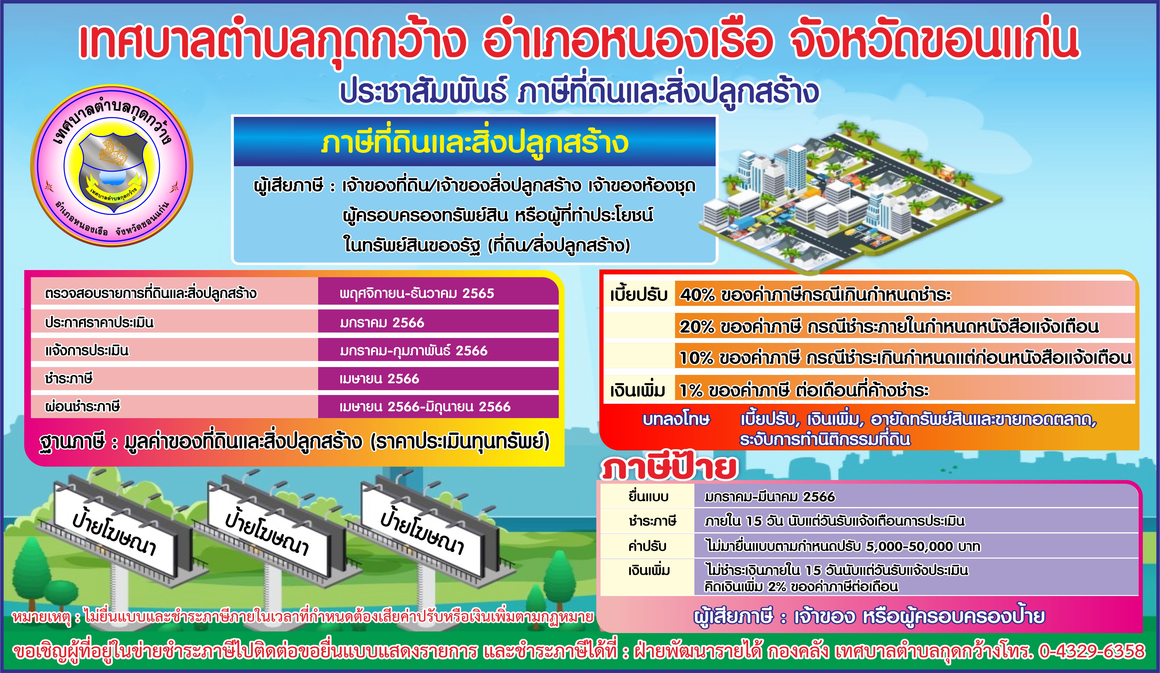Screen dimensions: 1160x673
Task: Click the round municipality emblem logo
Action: tap(112, 166)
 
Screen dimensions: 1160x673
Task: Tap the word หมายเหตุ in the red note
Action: tap(42, 617)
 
